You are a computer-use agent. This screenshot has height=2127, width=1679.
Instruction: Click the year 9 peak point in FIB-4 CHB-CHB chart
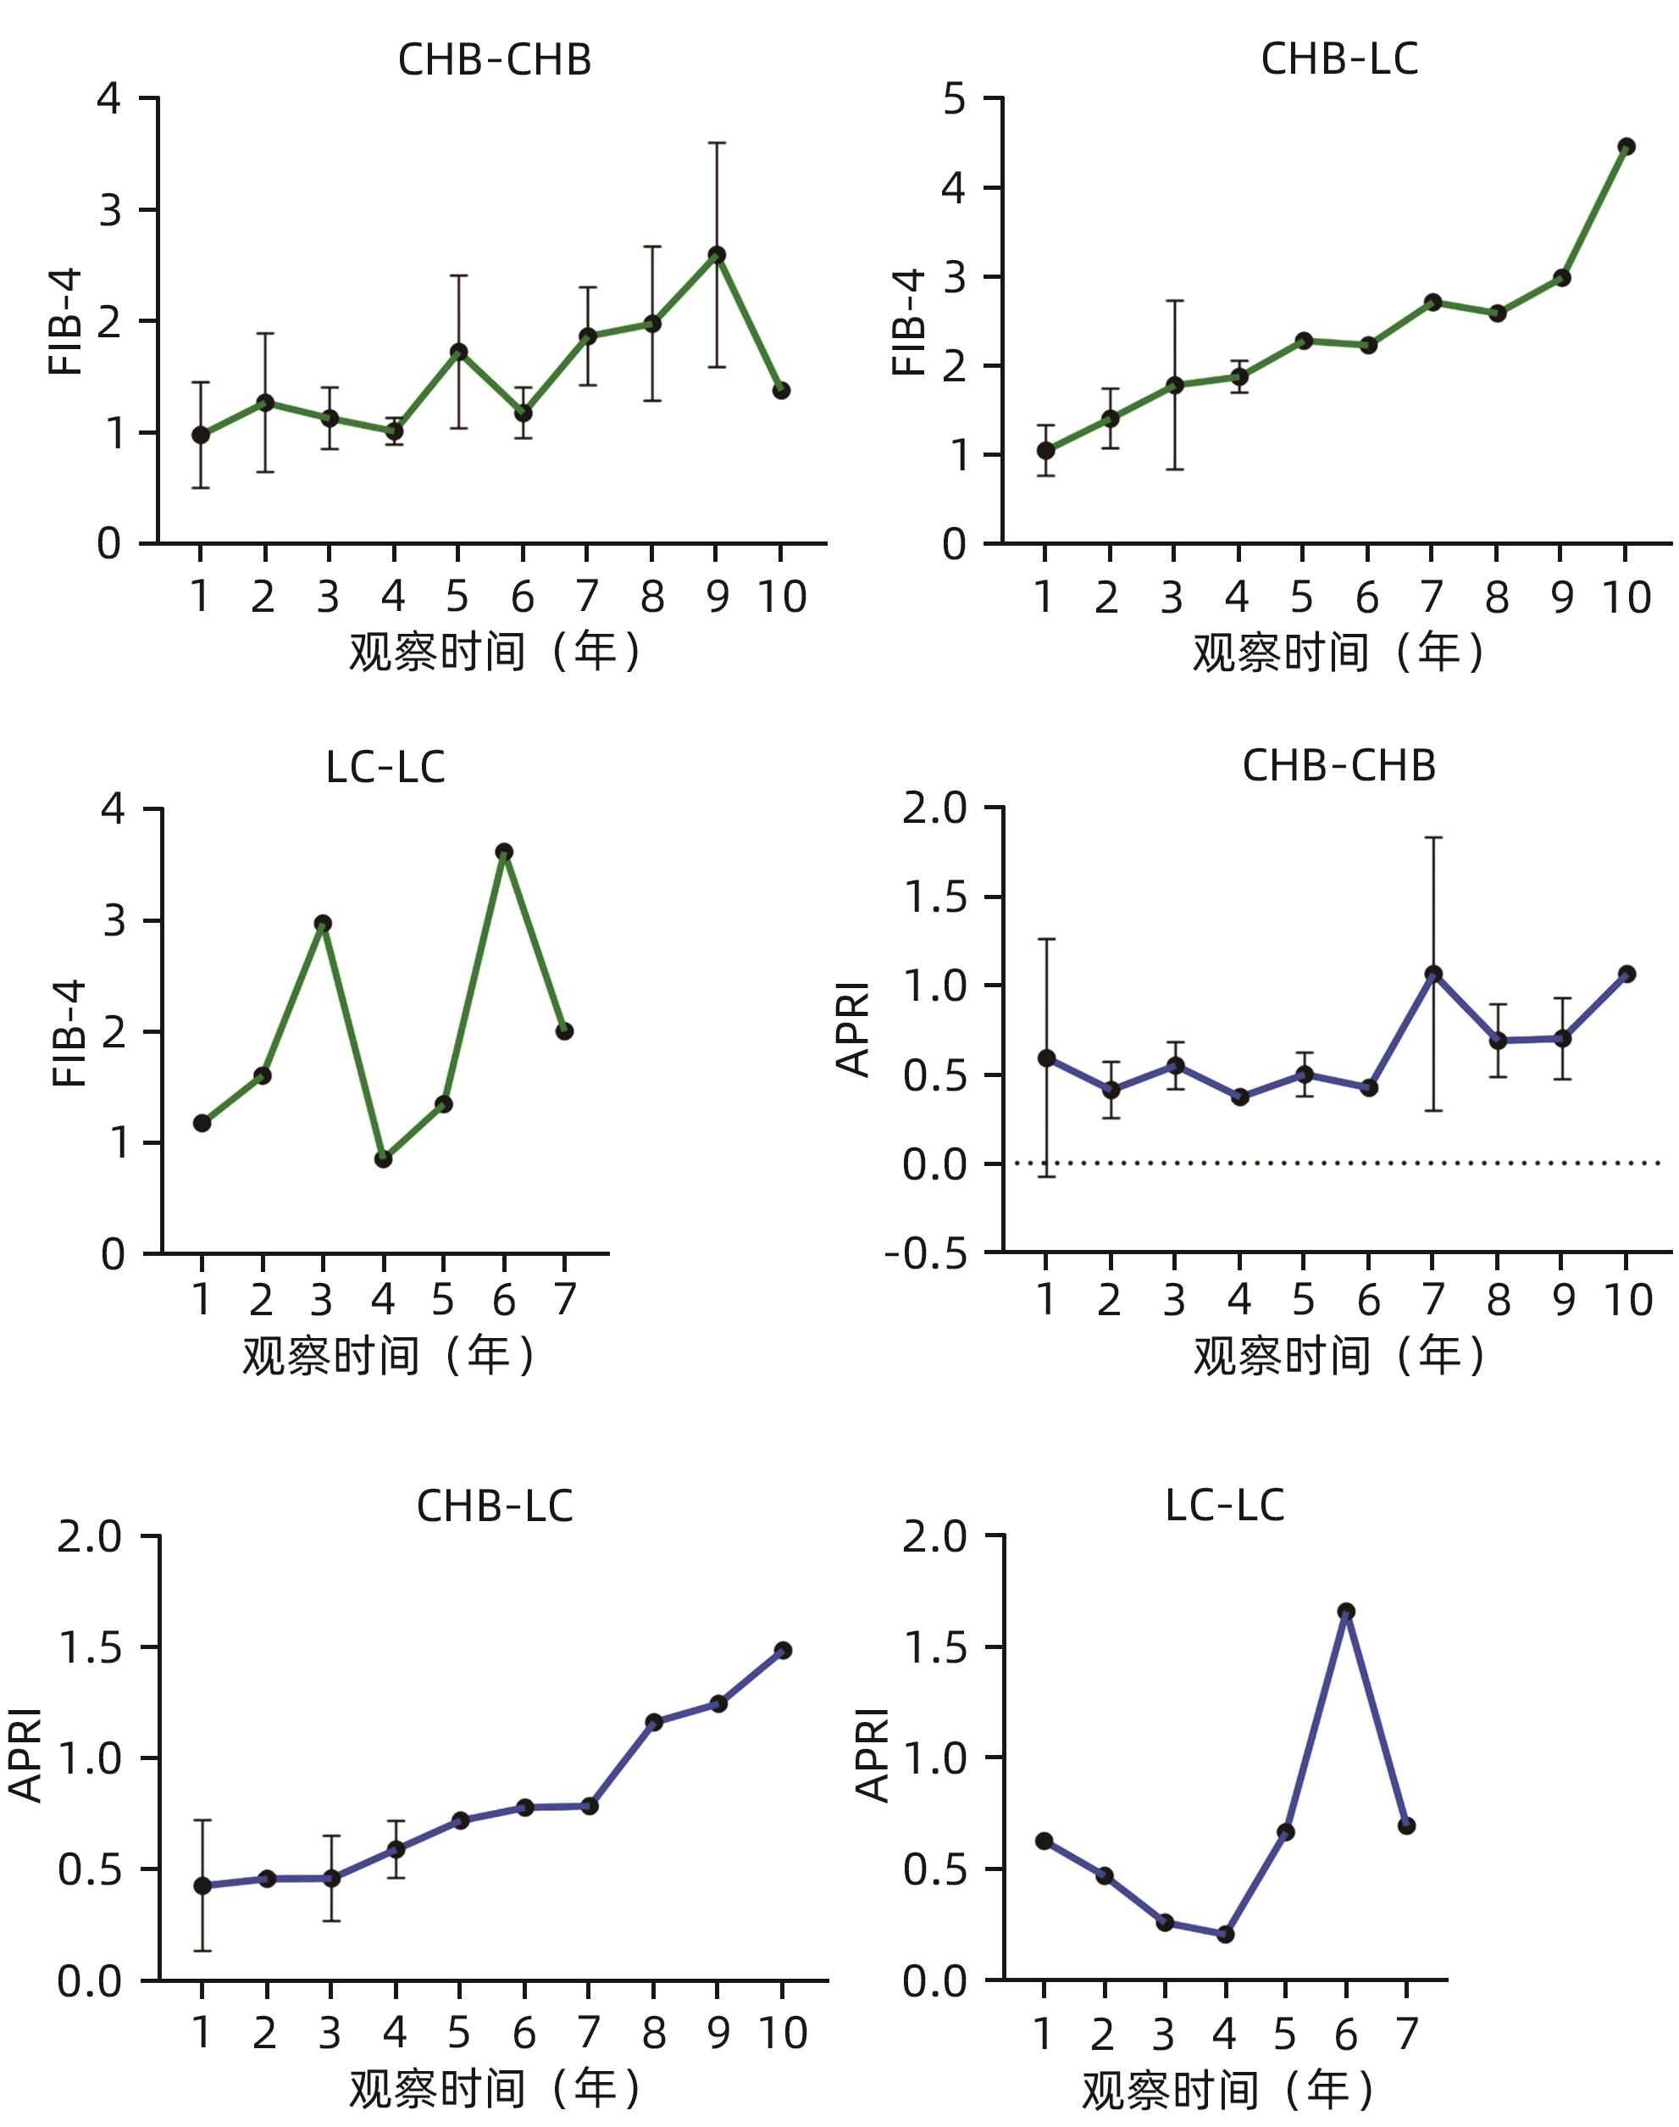717,255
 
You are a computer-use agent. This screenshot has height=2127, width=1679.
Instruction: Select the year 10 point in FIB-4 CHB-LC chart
1626,147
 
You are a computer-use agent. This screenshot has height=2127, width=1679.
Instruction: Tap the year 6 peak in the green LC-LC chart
504,852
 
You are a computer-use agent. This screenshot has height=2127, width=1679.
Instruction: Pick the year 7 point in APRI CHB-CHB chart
1433,974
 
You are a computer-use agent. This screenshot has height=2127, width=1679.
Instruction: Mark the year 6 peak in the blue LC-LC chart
1346,1611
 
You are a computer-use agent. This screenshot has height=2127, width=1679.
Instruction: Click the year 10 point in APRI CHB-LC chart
783,1650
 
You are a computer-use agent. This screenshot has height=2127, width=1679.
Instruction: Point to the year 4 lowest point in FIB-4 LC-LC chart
384,1159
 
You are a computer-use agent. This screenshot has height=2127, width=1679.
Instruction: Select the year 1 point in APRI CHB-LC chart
202,1885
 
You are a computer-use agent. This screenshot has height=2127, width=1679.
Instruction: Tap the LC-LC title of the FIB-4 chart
385,768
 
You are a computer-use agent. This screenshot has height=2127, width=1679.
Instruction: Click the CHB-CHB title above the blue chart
1338,766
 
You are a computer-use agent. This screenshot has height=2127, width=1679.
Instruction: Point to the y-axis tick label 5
954,99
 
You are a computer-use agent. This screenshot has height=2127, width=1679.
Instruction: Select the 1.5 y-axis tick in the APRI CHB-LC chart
91,1648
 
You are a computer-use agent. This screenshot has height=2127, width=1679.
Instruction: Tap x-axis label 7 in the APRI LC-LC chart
1407,2034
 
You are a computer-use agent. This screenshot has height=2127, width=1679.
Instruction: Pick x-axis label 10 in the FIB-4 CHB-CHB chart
782,597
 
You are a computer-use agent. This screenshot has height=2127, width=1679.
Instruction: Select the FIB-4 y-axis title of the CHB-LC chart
909,321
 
